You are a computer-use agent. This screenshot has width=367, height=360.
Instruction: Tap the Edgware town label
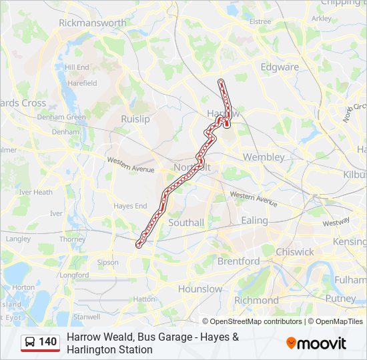[x=280, y=67]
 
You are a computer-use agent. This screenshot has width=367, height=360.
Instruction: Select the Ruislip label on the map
[x=135, y=119]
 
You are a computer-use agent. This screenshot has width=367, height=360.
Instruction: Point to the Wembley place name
[x=264, y=157]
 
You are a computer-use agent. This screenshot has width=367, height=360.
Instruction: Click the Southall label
[x=186, y=223]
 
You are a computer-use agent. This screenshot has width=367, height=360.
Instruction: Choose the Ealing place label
[x=254, y=221]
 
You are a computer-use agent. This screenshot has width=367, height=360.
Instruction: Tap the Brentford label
[x=238, y=261]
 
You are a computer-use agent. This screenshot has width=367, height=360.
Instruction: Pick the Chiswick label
[x=294, y=252]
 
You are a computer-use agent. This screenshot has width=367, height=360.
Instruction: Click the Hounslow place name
[x=200, y=289]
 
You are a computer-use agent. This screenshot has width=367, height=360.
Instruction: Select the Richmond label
[x=256, y=301]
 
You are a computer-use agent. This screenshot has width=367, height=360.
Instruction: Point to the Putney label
[x=340, y=299]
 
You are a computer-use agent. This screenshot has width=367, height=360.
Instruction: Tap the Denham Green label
[x=61, y=117]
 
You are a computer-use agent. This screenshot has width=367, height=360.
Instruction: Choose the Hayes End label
[x=130, y=207]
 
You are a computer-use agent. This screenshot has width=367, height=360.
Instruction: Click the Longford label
[x=74, y=275]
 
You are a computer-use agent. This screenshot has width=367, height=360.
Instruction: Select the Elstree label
[x=260, y=21]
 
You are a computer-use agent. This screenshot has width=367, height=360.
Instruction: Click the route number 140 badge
[x=47, y=342]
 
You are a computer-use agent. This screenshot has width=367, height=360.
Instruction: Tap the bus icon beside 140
[x=30, y=343]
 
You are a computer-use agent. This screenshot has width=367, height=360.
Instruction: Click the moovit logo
[x=316, y=343]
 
